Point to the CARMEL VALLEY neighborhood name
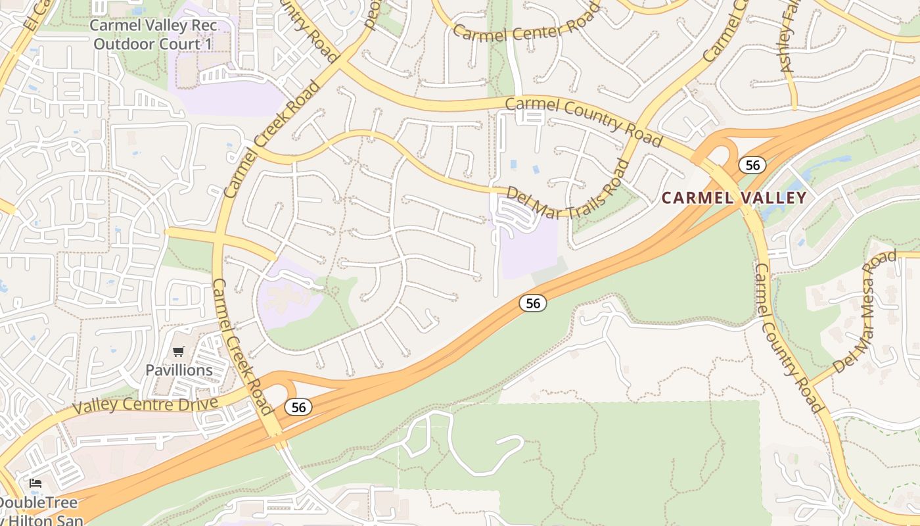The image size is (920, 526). coord(733,198)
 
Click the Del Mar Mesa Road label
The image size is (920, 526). coord(865,311)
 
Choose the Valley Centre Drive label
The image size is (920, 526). coord(145,404)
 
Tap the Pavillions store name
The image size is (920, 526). coord(179,370)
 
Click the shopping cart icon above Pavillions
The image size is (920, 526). coord(179,352)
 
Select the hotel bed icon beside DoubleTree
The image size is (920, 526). coord(35,483)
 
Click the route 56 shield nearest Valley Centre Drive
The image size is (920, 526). coord(298,408)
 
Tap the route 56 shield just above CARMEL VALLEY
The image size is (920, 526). coord(752,165)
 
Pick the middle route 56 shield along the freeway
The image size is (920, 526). coord(533,303)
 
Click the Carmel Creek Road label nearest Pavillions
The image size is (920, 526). coord(242,347)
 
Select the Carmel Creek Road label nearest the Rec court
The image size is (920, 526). coord(272,139)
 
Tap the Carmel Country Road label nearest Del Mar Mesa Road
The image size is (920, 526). coord(789,337)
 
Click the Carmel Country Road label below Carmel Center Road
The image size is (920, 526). coord(584,122)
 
